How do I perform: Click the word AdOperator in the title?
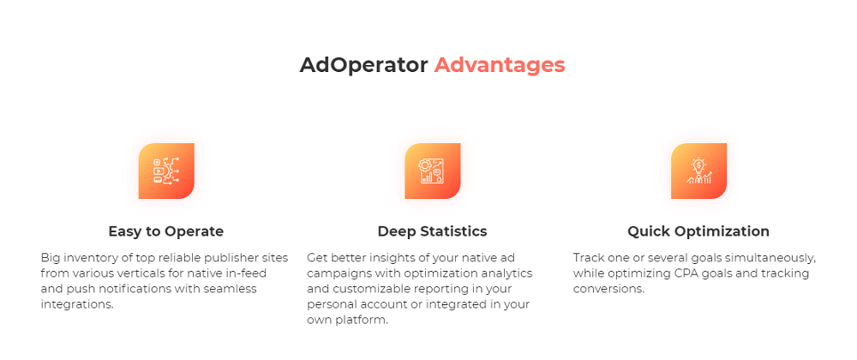point(363,65)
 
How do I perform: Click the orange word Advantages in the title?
point(499,65)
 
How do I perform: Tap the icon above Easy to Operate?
point(166,171)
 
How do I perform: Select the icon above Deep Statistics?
point(432,171)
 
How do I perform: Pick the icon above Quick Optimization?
point(698,171)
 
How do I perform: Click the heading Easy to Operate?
point(165,231)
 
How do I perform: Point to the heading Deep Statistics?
point(432,231)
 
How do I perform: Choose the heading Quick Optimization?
point(698,231)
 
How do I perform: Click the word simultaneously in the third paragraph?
point(768,257)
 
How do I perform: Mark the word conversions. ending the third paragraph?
point(608,289)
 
